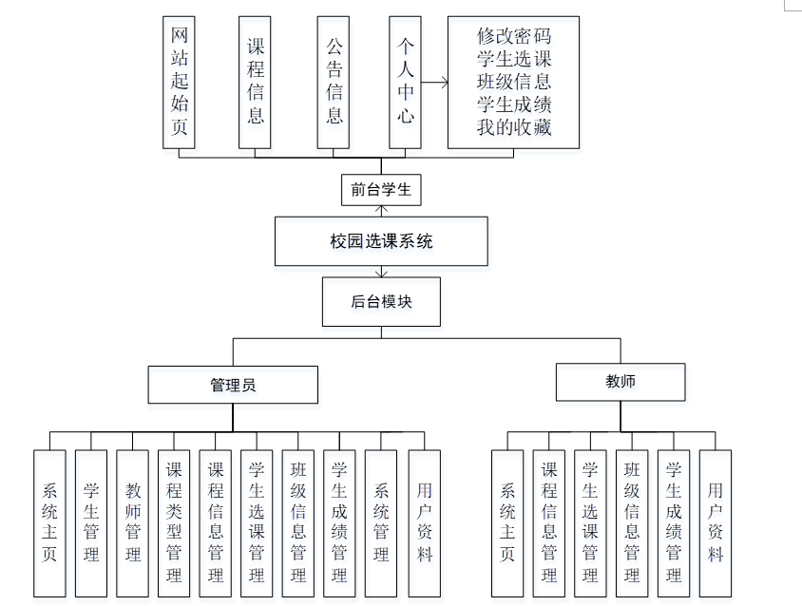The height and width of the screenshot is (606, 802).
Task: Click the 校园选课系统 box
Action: (381, 241)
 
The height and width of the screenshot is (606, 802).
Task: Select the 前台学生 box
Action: (381, 190)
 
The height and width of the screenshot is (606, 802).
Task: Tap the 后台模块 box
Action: (381, 301)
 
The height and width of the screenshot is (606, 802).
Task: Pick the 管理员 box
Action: (233, 385)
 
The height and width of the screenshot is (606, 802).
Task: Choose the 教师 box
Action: (621, 382)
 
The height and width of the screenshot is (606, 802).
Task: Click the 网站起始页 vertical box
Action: (179, 82)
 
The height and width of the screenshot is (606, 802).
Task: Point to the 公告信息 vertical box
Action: (334, 82)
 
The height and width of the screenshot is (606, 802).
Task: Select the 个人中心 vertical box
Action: (405, 82)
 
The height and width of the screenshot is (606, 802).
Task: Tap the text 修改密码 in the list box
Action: (514, 37)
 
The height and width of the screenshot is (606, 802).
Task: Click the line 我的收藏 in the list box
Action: (514, 126)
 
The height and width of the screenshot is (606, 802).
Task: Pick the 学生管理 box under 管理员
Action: (91, 522)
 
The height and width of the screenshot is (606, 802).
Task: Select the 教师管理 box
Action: (133, 522)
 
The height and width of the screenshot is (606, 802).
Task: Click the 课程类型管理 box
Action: (174, 522)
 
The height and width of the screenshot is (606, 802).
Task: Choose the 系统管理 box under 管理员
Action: (381, 522)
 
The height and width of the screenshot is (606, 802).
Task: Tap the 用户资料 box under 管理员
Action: (424, 522)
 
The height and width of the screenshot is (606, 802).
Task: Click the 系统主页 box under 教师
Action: (507, 522)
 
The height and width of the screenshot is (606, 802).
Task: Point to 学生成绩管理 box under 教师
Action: (674, 522)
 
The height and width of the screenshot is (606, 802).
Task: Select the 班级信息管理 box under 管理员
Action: (298, 522)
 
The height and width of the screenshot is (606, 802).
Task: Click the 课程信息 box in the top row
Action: (256, 82)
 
